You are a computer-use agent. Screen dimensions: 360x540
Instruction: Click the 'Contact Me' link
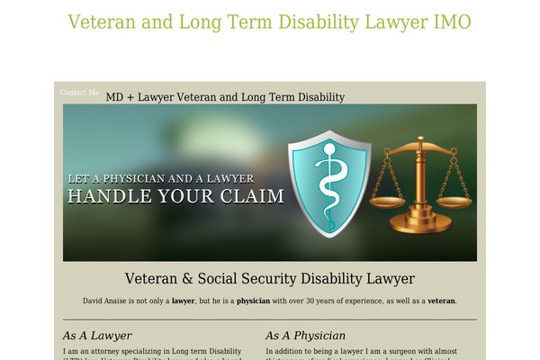80,93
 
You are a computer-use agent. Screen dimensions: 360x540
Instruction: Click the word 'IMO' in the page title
450,22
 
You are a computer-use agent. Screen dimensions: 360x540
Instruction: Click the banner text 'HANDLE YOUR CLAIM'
176,196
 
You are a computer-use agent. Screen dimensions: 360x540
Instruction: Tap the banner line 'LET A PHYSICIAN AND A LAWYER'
161,178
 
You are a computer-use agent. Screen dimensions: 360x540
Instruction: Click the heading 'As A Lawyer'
97,336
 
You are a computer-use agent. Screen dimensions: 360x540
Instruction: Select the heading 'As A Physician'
305,336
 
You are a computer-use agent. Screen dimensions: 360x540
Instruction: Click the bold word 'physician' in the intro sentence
254,301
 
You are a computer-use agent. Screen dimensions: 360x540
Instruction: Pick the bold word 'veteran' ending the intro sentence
441,301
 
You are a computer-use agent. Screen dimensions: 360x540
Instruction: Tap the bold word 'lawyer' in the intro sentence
184,301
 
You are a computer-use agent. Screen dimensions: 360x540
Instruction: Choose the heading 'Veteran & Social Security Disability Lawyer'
269,279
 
